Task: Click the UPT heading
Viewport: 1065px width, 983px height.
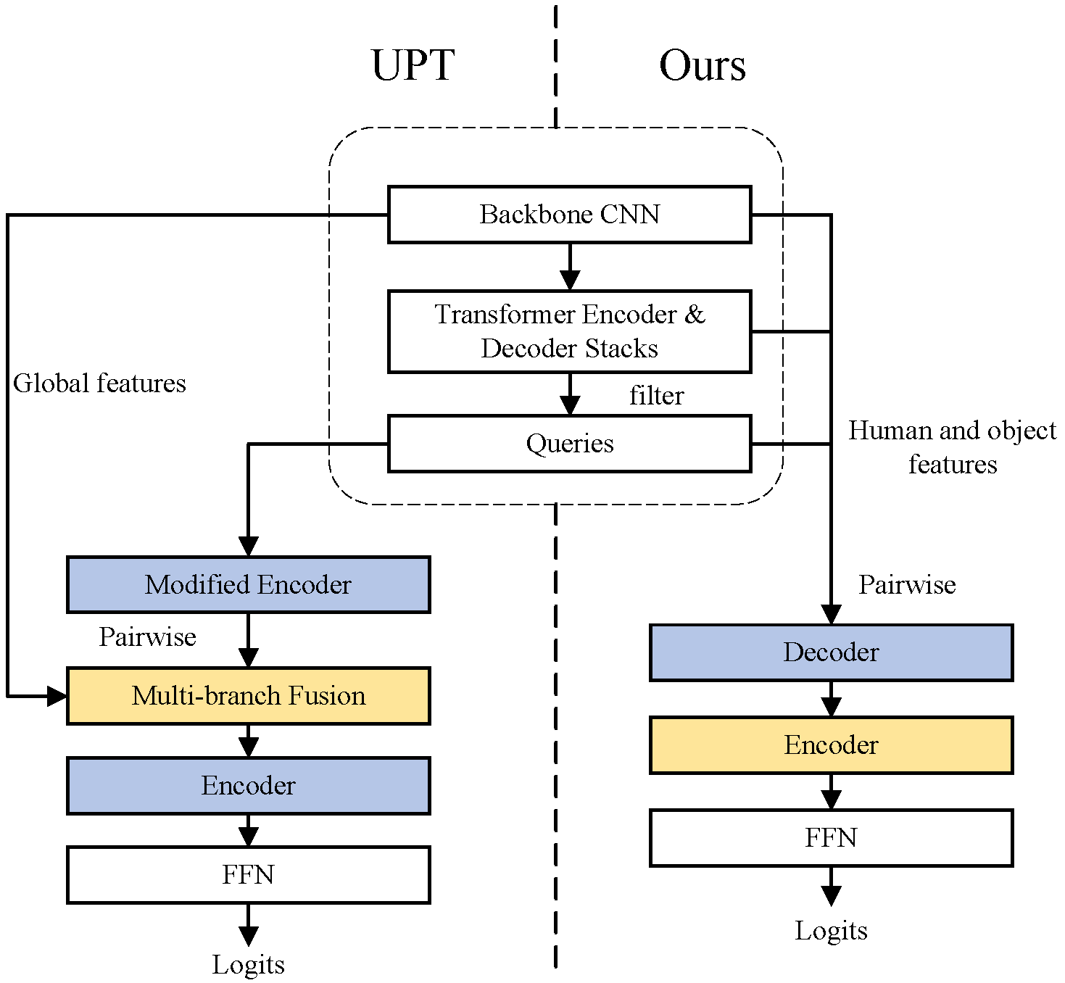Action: [413, 65]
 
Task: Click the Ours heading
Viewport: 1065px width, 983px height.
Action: [702, 65]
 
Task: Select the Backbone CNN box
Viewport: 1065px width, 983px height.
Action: [569, 215]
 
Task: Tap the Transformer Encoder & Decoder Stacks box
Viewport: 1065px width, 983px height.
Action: [569, 331]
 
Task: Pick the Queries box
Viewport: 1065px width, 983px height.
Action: [569, 443]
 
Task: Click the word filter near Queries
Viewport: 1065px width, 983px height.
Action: [656, 396]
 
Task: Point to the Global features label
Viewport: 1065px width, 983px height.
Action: [99, 383]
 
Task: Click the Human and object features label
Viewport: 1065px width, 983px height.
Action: [952, 447]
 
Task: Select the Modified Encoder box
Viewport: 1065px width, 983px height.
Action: [248, 584]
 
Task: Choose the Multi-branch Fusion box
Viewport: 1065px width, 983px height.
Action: [248, 696]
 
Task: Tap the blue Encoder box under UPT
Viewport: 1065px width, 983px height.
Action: [248, 786]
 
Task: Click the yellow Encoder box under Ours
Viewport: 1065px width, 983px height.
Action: [831, 745]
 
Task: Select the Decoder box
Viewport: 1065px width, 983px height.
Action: [831, 652]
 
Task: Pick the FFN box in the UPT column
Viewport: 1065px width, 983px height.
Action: [248, 875]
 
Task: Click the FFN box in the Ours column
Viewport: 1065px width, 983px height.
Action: [831, 838]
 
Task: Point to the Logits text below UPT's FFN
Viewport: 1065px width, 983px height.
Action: [248, 965]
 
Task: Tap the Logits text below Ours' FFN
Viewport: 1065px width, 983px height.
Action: [831, 931]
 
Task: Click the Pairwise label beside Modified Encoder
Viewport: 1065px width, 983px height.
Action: [147, 637]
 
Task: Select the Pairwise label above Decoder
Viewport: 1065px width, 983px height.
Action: [907, 585]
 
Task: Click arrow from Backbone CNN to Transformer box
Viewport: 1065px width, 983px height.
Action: [570, 267]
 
